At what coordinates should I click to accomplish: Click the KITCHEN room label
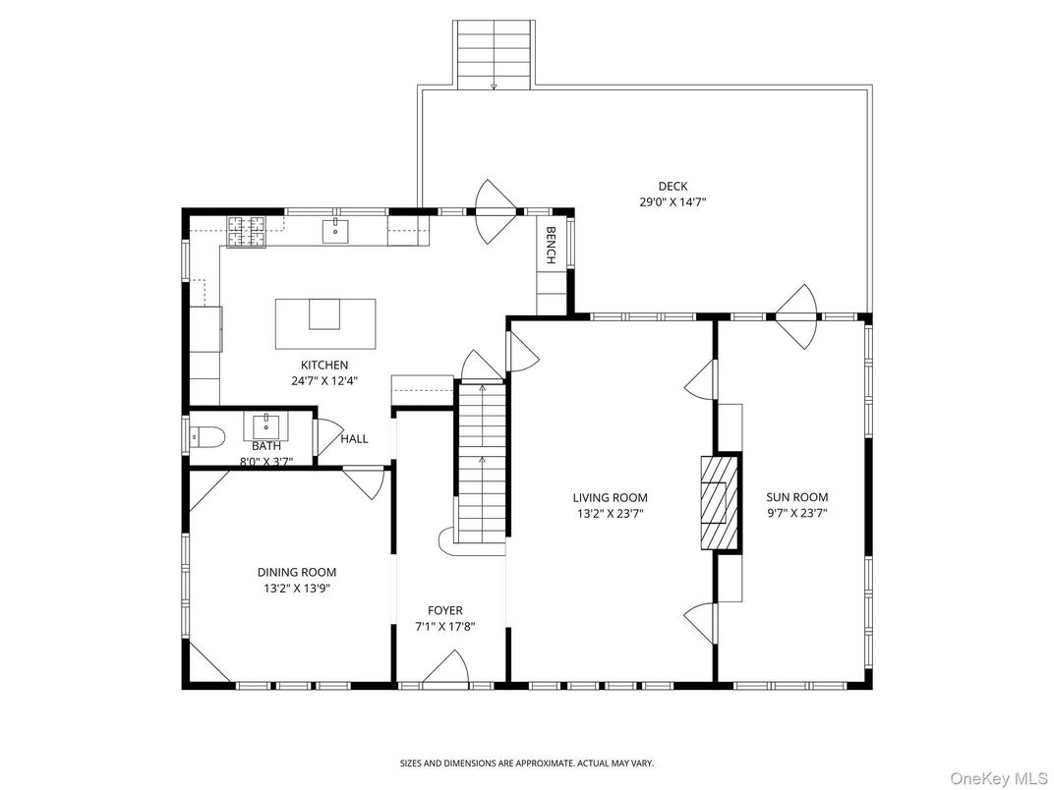324,365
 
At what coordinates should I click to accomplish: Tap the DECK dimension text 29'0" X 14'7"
673,201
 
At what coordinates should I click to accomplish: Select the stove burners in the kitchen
248,231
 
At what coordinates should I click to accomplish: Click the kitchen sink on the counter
335,231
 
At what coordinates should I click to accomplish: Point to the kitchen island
324,323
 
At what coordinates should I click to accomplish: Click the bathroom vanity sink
265,426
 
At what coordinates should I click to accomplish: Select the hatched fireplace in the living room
718,501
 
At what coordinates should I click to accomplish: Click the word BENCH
551,246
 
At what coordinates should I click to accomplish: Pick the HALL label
354,438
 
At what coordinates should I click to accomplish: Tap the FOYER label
444,610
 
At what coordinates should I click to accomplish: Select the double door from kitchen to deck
497,211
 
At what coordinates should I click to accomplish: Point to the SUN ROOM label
797,497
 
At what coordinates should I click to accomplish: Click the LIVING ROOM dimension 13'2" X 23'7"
611,512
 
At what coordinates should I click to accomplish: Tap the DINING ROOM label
296,572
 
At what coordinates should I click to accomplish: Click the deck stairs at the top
494,54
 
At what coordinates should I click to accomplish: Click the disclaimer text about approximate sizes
526,762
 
